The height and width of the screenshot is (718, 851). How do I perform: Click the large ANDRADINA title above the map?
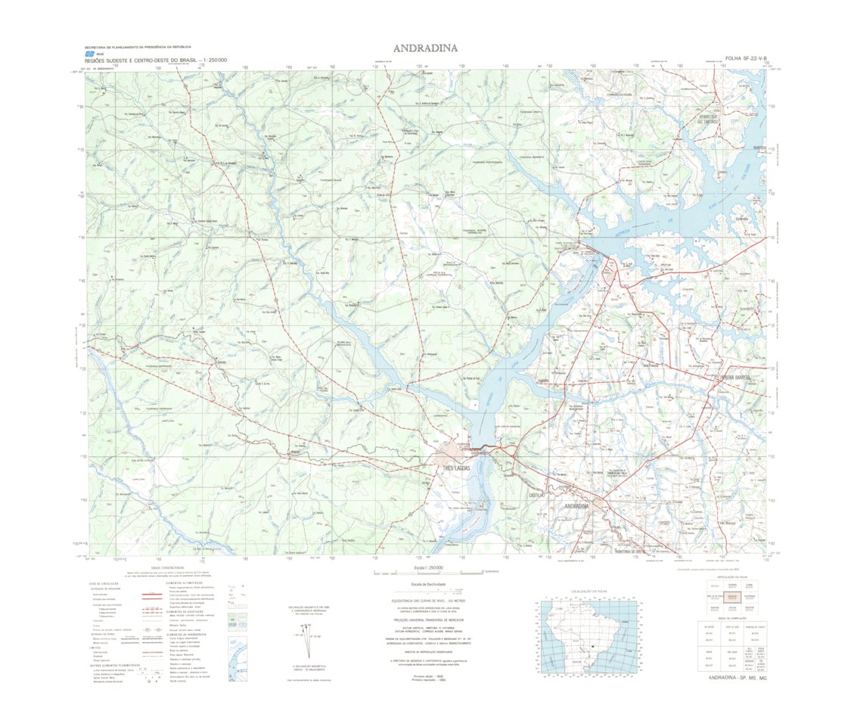[425, 48]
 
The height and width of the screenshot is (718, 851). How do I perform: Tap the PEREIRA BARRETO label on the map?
[735, 377]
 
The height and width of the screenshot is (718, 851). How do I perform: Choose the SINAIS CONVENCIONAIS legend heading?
[167, 567]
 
